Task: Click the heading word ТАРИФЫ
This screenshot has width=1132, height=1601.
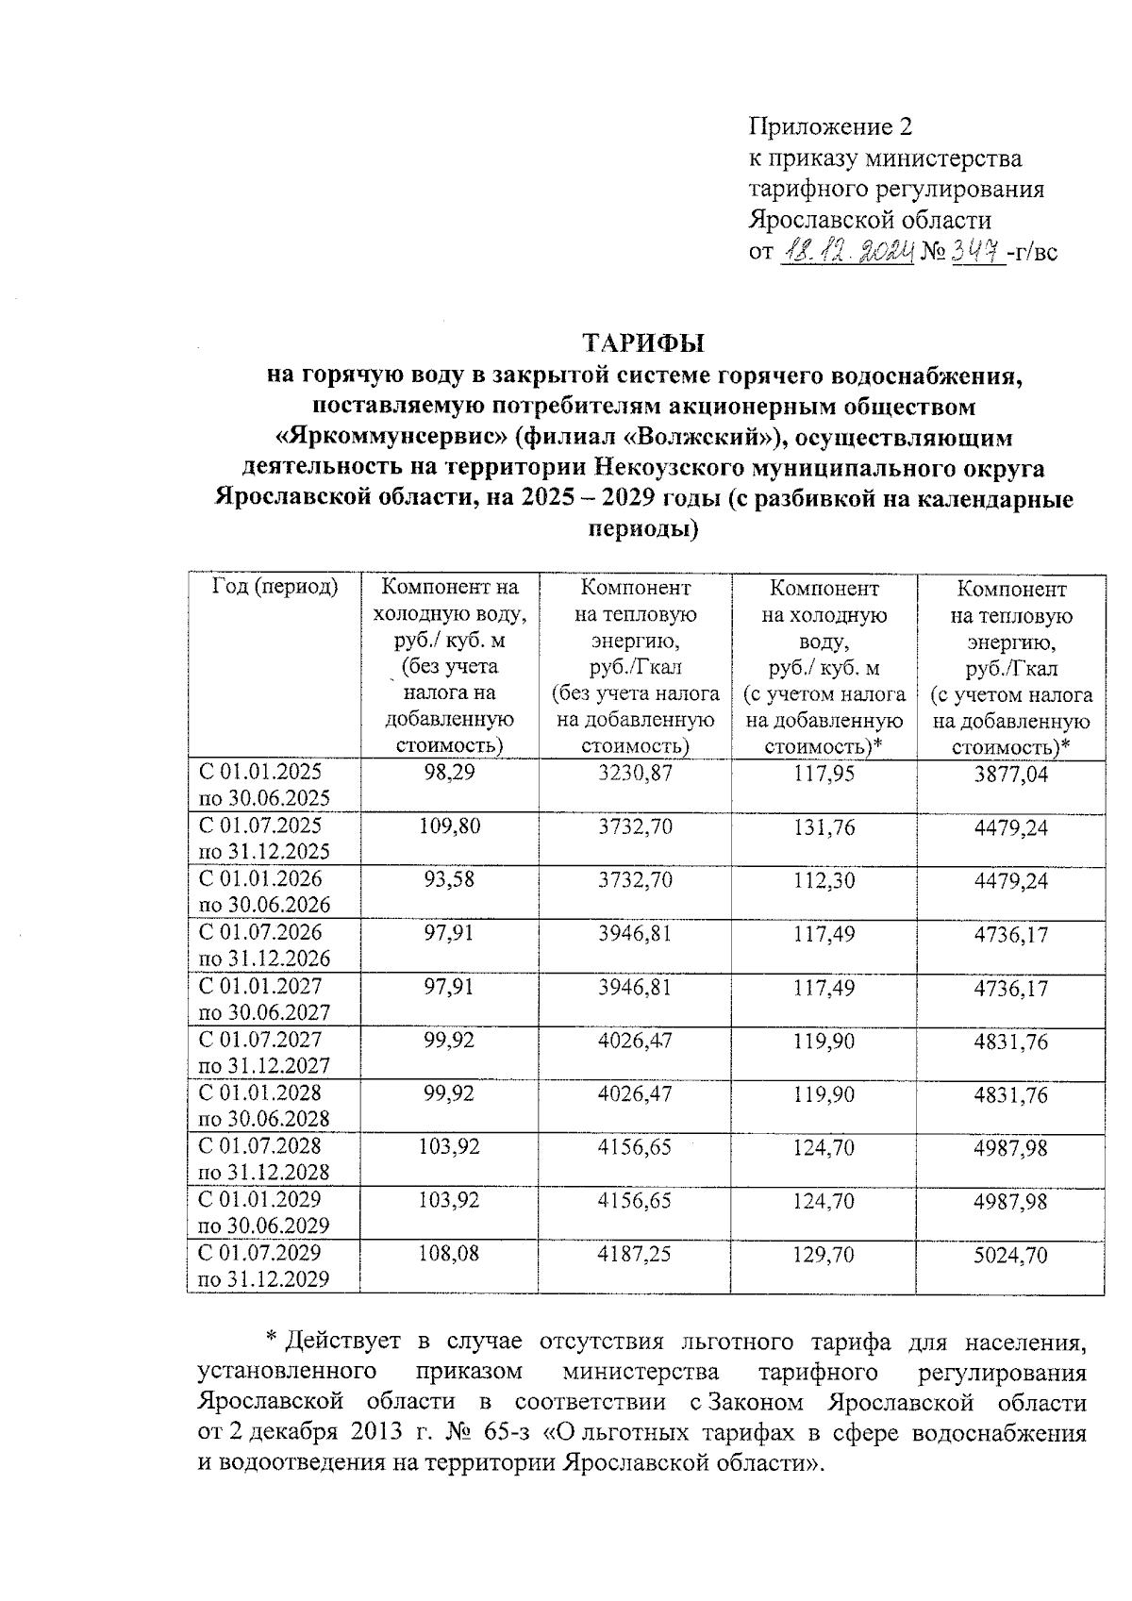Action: tap(644, 341)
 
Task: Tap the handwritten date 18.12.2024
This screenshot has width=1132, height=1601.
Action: tap(846, 251)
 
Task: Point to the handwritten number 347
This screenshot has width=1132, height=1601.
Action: tap(974, 251)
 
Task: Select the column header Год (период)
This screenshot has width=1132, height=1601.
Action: tap(275, 588)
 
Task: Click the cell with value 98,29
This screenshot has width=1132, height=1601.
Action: tap(449, 773)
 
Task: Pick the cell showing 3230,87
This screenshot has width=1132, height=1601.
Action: tap(635, 773)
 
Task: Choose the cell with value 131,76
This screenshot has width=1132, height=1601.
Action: tap(825, 827)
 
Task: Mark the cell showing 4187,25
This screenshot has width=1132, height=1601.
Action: tap(635, 1255)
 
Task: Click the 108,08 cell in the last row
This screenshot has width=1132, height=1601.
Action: tap(449, 1255)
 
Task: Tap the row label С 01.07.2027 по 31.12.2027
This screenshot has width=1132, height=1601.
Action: tap(264, 1053)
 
